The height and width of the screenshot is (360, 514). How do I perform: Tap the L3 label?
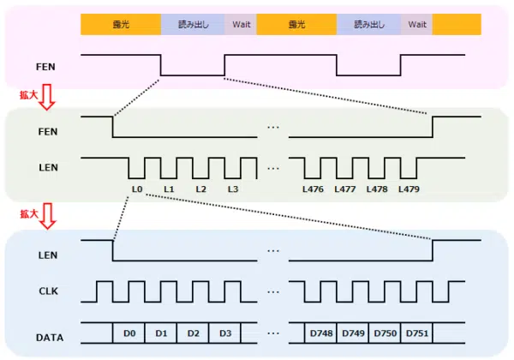pos(233,189)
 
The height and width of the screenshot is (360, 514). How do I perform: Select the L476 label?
pos(313,189)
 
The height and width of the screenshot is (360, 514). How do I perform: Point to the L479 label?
pos(409,189)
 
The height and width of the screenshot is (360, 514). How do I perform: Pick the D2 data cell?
pos(193,333)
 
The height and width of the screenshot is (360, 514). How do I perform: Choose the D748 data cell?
pos(320,333)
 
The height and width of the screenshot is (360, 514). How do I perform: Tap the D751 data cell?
pos(416,333)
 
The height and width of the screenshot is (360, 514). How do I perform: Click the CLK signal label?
pos(48,291)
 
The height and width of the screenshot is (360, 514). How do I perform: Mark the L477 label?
pos(344,189)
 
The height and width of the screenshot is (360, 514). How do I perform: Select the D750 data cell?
pos(385,333)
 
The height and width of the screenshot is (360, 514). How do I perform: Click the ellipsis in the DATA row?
pos(273,333)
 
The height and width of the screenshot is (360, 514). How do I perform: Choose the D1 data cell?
pos(161,333)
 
